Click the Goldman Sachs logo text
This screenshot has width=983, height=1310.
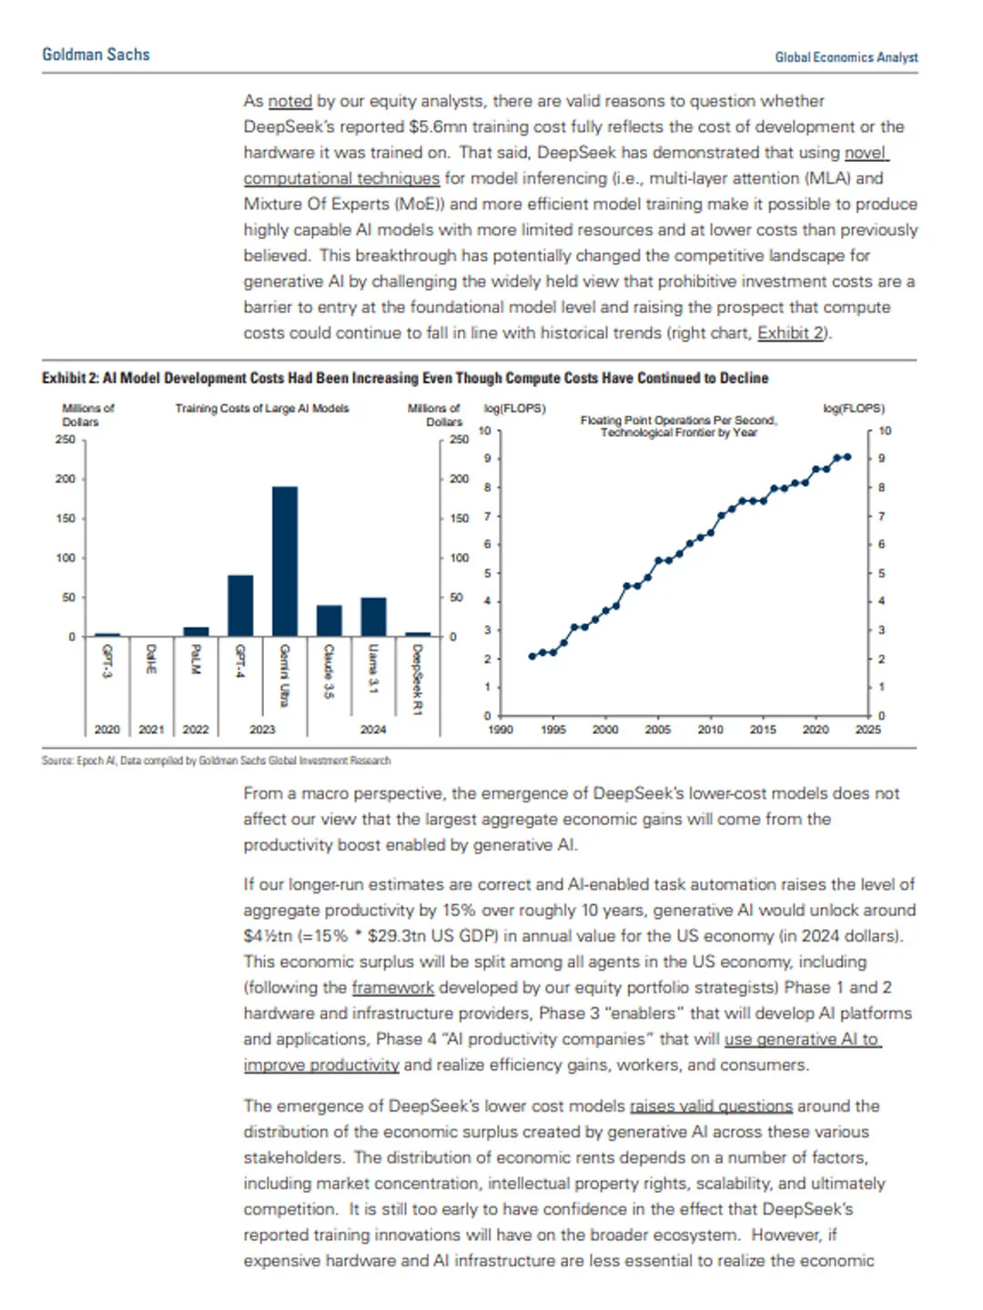point(96,55)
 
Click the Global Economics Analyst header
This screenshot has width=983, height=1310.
point(846,57)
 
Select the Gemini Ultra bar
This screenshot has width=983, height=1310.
point(285,560)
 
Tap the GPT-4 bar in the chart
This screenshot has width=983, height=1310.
point(240,605)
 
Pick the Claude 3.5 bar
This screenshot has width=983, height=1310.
point(329,620)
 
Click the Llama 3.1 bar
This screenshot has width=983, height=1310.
point(373,616)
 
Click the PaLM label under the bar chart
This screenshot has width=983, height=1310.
point(196,659)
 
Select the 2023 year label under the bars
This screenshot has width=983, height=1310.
point(262,730)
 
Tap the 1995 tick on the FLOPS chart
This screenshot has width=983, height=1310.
point(552,730)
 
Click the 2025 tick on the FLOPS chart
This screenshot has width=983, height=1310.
point(867,730)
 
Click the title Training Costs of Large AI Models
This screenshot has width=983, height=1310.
point(262,408)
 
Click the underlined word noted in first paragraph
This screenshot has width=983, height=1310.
point(289,101)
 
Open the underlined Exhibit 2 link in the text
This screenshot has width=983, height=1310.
point(791,333)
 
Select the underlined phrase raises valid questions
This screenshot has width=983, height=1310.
point(711,1106)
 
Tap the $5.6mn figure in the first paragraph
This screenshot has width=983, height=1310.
point(438,126)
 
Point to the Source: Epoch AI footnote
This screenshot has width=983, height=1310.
point(216,761)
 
